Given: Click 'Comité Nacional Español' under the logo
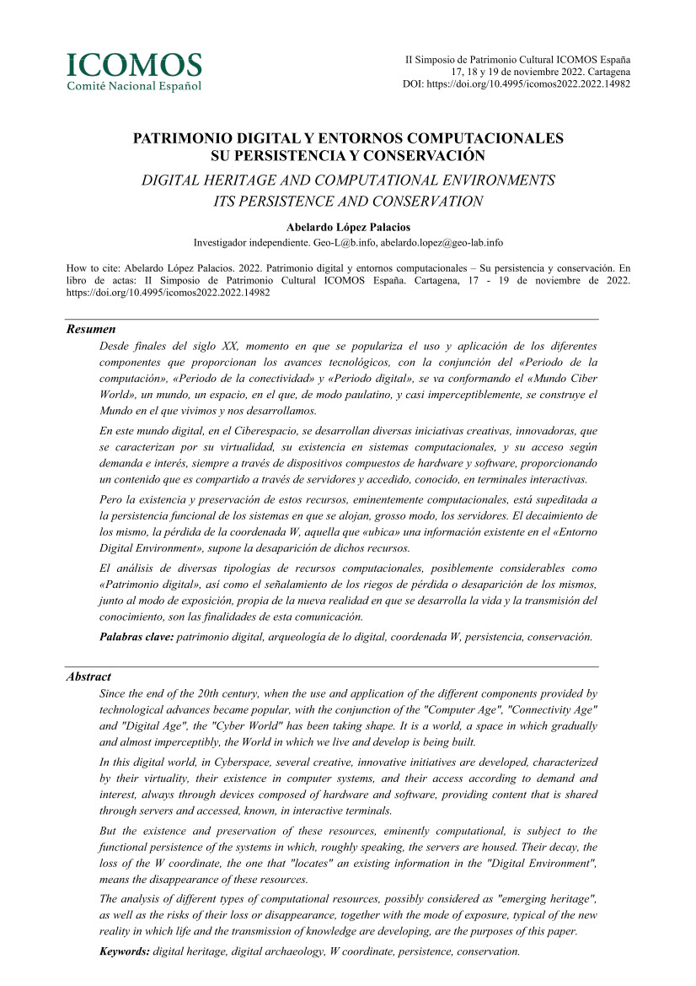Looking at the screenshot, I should (135, 85).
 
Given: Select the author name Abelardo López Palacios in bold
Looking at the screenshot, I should (348, 228).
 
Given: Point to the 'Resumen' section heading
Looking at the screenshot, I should (91, 330).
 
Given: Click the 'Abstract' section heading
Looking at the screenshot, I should (88, 676).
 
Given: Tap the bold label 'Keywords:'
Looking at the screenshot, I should (125, 951).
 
